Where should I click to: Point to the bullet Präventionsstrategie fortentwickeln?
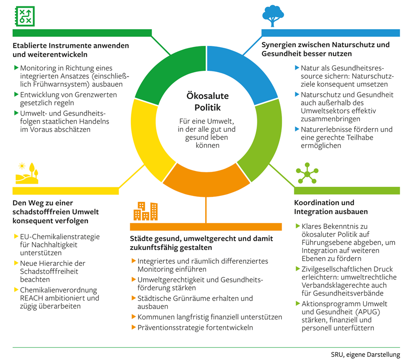195,327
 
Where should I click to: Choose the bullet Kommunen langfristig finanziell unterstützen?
209,317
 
